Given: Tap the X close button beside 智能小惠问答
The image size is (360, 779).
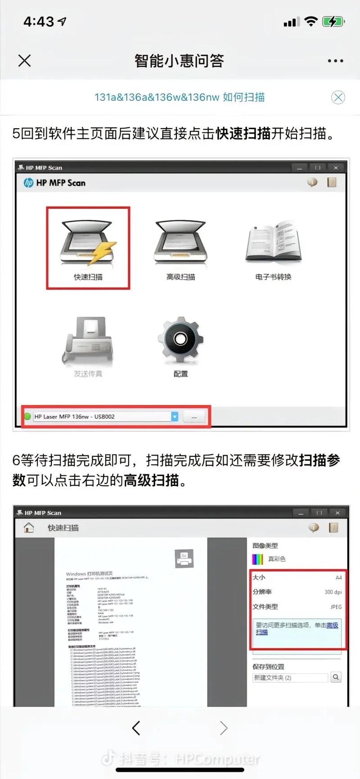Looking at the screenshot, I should (x=25, y=61).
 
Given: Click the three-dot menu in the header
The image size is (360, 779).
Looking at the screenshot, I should (x=335, y=61).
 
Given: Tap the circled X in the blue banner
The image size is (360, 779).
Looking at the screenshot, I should (x=338, y=97).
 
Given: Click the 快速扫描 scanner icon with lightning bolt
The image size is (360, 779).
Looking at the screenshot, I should (x=88, y=243).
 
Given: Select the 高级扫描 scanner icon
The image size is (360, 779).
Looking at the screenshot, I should (x=180, y=243).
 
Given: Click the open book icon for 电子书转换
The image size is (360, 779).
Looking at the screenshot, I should (x=273, y=243).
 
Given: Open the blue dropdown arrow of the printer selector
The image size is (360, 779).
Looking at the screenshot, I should (x=175, y=417).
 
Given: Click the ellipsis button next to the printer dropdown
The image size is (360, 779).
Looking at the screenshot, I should (x=194, y=417).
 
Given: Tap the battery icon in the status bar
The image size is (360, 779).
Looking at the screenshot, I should (x=333, y=22).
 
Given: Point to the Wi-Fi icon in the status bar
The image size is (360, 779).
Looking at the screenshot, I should (x=310, y=22).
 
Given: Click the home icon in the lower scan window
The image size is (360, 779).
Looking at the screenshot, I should (x=29, y=527).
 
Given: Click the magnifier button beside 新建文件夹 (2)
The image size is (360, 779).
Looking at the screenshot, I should (x=336, y=677).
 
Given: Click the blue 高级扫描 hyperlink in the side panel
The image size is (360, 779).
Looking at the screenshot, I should (x=332, y=625).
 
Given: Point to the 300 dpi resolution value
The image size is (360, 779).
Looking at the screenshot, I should (x=333, y=592).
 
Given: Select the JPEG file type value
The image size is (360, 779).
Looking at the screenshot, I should (x=336, y=607).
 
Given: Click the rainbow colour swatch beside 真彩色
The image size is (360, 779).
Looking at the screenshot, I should (x=257, y=559).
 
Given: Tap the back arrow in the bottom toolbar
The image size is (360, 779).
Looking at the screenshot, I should (x=136, y=728).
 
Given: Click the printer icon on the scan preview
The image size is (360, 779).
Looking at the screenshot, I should (x=184, y=558).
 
